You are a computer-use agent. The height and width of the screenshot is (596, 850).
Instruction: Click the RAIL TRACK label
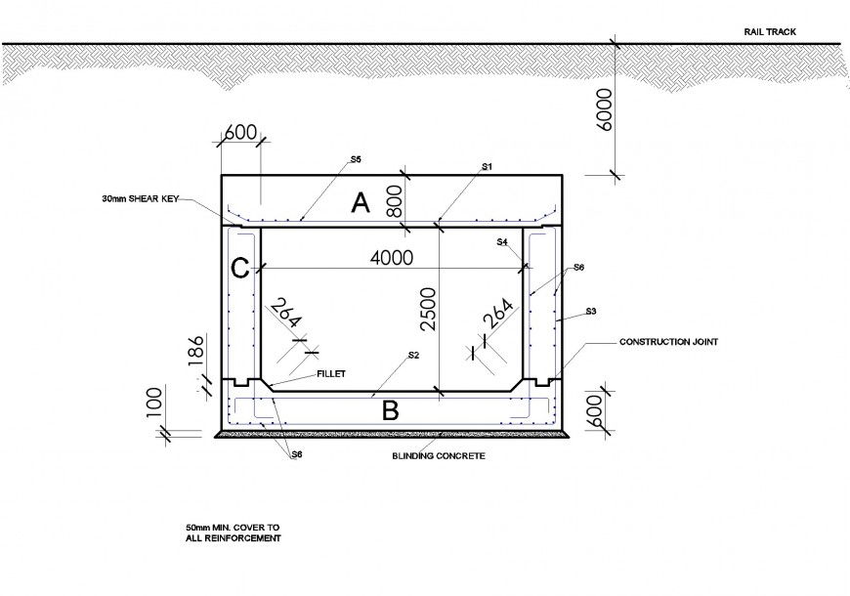click(770, 31)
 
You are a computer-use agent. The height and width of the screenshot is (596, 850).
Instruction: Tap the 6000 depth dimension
click(603, 108)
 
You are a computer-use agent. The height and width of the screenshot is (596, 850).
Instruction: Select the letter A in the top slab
click(361, 203)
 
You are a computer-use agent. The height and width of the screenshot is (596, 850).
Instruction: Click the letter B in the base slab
click(390, 411)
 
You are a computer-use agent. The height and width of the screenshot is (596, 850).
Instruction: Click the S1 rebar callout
click(487, 167)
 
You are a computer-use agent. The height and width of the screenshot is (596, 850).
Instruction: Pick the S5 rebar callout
click(357, 158)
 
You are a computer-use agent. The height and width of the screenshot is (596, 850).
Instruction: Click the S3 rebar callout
click(590, 312)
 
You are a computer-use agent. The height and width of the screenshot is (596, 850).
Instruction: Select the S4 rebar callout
click(502, 241)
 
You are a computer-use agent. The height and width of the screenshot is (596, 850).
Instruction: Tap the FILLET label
click(330, 373)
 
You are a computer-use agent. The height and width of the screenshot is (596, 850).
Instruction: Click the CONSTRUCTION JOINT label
click(669, 343)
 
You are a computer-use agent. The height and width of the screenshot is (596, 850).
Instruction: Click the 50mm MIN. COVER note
click(233, 532)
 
